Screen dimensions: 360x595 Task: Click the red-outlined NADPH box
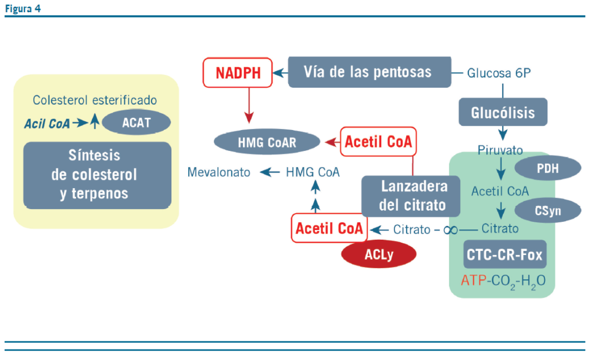click(238, 73)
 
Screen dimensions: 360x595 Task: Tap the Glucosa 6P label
click(499, 73)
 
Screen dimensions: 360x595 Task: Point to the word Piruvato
click(500, 150)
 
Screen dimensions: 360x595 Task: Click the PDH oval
click(547, 168)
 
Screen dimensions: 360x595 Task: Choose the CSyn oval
click(549, 210)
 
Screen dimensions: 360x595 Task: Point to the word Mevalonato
click(218, 172)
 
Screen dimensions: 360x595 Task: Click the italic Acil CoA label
click(47, 123)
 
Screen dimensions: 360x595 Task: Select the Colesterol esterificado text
click(95, 100)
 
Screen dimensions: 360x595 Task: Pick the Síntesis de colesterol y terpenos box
click(97, 174)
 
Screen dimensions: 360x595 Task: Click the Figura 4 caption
click(23, 8)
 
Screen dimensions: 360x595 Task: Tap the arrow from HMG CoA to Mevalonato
click(269, 172)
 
